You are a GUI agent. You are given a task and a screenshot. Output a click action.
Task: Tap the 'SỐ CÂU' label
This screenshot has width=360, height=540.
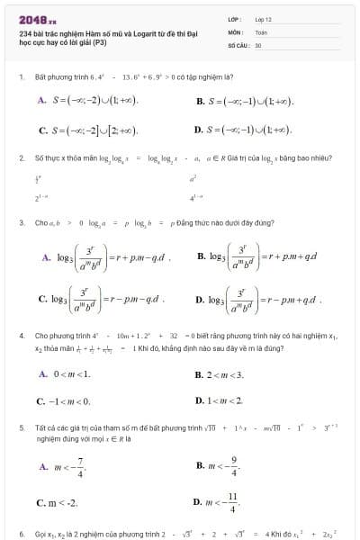(x=238, y=43)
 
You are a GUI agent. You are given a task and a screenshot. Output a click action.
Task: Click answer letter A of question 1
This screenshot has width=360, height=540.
(x=42, y=101)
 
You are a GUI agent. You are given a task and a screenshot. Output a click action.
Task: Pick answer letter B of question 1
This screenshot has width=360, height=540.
(x=200, y=101)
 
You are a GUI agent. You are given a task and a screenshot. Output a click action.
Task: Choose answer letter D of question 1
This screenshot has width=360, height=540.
(x=200, y=130)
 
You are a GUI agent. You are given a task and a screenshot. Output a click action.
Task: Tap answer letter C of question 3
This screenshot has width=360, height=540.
(x=42, y=298)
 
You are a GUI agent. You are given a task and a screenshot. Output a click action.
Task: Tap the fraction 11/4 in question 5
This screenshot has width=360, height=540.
(x=234, y=507)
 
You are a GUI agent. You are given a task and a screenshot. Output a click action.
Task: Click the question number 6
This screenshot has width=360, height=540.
(x=21, y=534)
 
